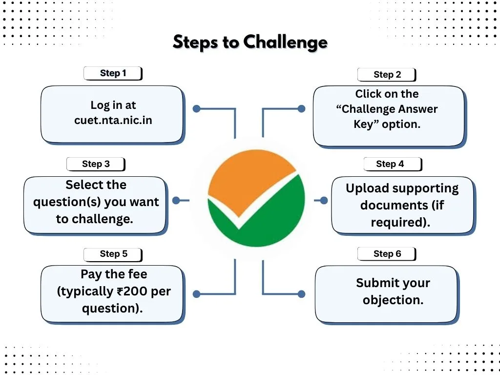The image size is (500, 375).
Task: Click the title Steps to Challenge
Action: click(x=250, y=42)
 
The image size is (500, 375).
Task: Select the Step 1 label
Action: click(x=113, y=73)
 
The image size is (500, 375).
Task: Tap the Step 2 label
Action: click(x=387, y=75)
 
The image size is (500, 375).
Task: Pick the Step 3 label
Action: click(x=96, y=164)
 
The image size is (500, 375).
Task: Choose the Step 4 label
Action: click(x=390, y=164)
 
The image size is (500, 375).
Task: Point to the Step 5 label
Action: click(x=113, y=254)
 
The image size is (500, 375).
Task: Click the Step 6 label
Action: click(x=387, y=254)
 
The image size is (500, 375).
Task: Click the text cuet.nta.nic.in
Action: click(x=113, y=120)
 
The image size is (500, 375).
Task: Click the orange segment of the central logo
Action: click(x=247, y=181)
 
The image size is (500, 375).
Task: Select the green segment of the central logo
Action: click(x=264, y=220)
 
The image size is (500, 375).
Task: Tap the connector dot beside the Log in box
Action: click(x=196, y=109)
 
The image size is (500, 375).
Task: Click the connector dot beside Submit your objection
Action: click(x=301, y=294)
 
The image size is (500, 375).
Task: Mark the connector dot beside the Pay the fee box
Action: click(x=196, y=294)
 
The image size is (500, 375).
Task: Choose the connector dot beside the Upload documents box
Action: click(x=324, y=200)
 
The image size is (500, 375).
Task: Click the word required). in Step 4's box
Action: click(x=400, y=222)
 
